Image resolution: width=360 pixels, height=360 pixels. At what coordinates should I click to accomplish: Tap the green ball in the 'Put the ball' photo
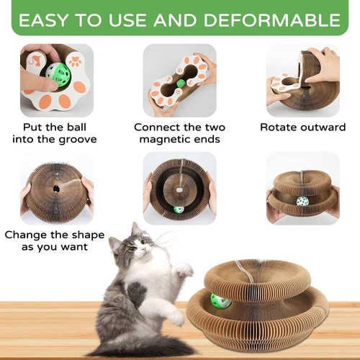pos(56,73)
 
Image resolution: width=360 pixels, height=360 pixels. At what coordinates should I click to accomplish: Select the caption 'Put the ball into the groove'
pos(55,133)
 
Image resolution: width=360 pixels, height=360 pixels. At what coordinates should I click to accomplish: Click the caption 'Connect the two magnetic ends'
pos(179,133)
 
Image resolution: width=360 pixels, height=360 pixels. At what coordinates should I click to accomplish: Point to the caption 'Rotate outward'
pos(303,127)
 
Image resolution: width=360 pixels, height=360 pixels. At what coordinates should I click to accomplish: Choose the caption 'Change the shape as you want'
pos(55,241)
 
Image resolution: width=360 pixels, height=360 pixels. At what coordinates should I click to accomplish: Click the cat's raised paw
pos(184,270)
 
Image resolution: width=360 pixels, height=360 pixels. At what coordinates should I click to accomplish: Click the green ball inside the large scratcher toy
pos(220,300)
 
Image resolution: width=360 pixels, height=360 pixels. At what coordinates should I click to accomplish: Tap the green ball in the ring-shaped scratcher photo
pos(178,210)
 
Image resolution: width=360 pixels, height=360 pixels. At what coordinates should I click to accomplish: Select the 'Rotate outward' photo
pos(303,79)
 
